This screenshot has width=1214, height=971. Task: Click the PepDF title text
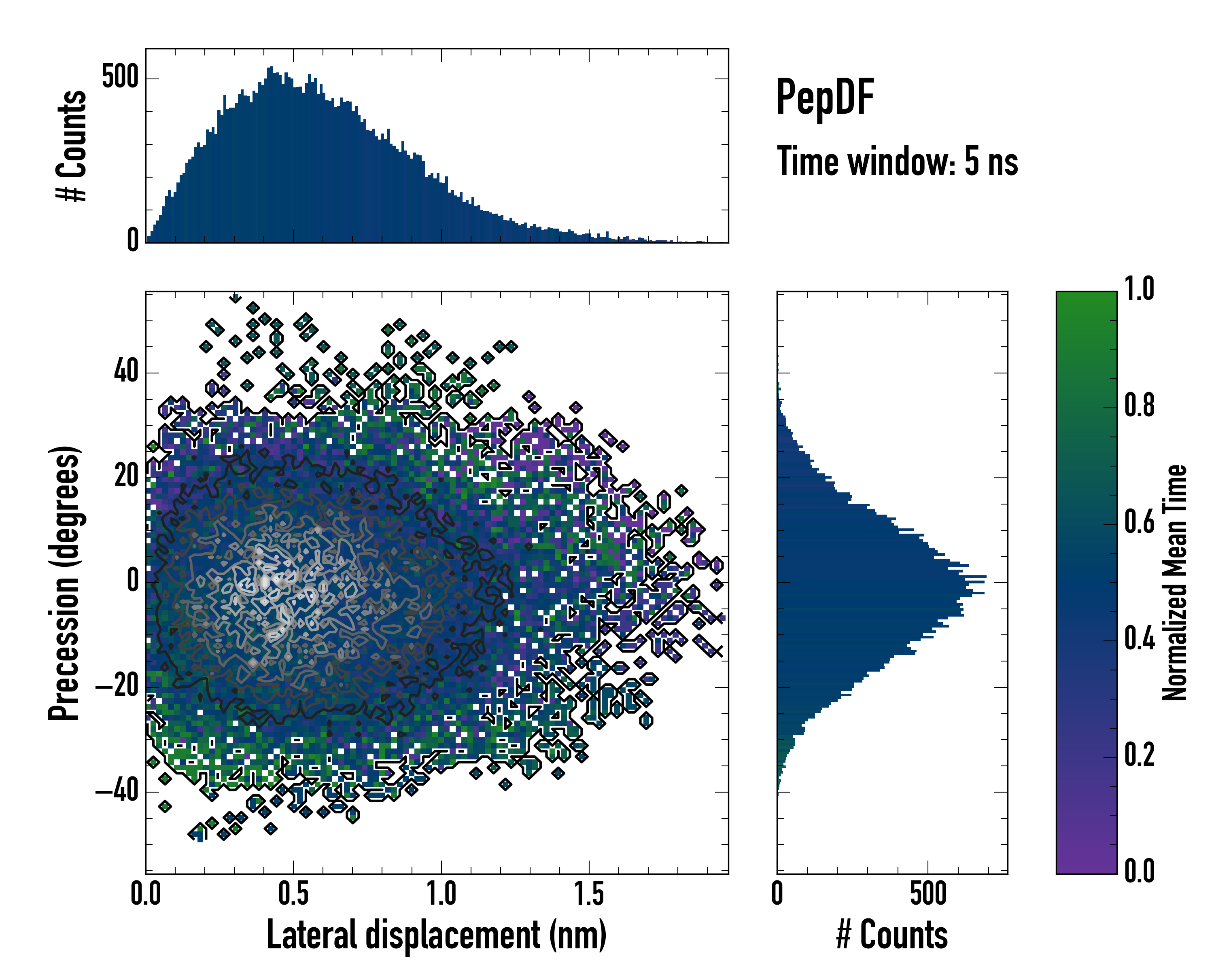[825, 97]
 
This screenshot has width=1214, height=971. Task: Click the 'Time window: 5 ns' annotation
[897, 161]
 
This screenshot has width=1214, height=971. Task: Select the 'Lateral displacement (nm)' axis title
[436, 935]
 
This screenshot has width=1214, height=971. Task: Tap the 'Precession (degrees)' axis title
[64, 583]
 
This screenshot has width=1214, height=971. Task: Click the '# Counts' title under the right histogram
[892, 935]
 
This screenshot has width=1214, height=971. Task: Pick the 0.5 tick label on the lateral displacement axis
[293, 894]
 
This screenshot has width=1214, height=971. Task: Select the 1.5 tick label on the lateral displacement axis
[589, 894]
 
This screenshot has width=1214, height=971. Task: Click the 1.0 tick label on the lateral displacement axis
[441, 894]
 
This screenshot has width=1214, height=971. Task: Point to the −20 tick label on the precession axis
[117, 686]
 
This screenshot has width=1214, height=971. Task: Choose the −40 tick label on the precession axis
[117, 791]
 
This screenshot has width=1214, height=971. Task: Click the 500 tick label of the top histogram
[120, 77]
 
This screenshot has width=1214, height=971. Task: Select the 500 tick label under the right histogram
[928, 894]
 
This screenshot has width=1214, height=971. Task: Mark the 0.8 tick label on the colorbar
[1139, 406]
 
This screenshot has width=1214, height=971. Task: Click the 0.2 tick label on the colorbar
[1139, 755]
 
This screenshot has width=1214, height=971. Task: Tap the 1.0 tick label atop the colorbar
[1139, 289]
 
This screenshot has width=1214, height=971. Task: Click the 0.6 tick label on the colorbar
[1139, 522]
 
